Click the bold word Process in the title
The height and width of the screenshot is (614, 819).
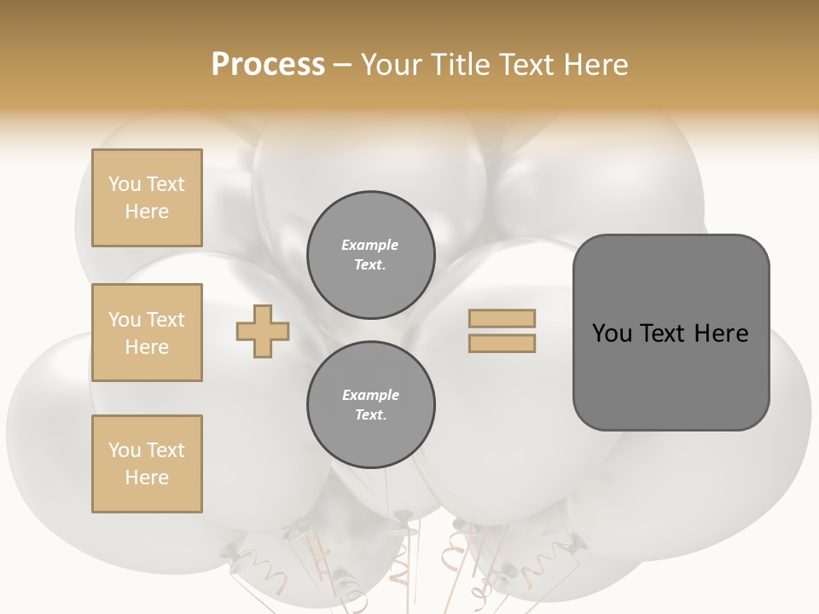click(268, 65)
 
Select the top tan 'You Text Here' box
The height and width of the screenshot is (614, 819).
click(147, 198)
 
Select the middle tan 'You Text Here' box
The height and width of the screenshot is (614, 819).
click(147, 333)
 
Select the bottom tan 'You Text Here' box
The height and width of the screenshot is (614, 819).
click(147, 464)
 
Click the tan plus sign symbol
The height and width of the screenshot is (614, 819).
click(263, 331)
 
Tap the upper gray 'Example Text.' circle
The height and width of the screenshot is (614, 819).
click(371, 255)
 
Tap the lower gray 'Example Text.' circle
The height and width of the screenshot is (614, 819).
click(371, 405)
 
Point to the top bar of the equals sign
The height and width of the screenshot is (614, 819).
click(502, 318)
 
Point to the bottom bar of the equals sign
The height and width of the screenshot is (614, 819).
click(502, 343)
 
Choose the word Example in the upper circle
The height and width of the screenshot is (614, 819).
click(369, 245)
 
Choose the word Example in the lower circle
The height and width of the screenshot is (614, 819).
click(370, 395)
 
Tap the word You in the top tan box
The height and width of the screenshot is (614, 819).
click(124, 184)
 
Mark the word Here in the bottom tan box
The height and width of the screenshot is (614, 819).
click(147, 478)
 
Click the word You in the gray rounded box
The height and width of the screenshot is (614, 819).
click(612, 333)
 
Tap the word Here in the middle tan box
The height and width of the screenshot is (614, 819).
click(147, 347)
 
